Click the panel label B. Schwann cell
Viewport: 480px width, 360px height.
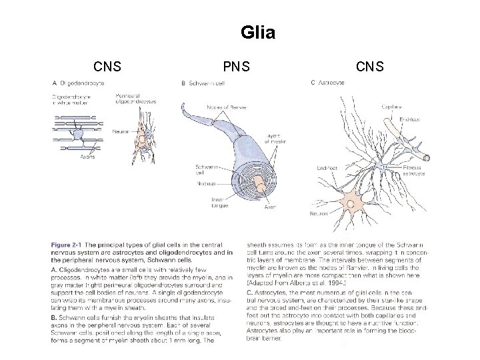(x=204, y=83)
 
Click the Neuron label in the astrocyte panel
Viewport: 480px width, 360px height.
(x=320, y=214)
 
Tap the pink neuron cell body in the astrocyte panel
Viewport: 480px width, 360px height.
(x=350, y=198)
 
